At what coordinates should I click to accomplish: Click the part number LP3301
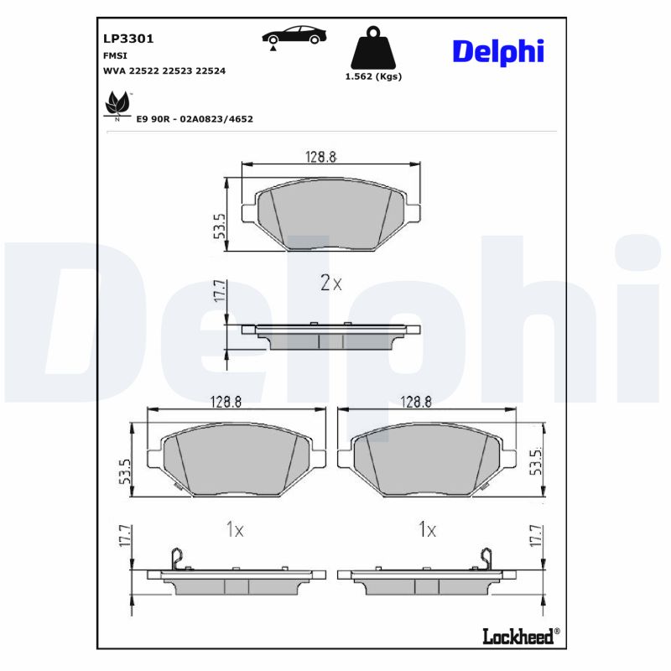pos(127,39)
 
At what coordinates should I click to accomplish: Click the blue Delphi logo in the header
pos(498,50)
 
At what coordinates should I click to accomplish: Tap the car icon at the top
pos(294,36)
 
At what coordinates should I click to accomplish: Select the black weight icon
pos(373,50)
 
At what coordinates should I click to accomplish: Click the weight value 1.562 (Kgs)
pos(373,76)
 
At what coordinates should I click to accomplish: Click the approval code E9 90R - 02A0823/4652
pos(194,119)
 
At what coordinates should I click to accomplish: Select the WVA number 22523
pos(177,71)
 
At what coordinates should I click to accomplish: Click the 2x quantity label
pos(331,283)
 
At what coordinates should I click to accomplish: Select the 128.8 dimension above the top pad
pos(320,156)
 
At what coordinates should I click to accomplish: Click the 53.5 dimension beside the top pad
pos(219,226)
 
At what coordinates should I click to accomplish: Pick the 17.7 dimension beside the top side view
pos(219,291)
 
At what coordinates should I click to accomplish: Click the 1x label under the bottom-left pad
pos(235,529)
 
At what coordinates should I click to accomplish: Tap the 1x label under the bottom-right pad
pos(428,529)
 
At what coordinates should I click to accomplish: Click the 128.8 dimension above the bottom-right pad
pos(416,403)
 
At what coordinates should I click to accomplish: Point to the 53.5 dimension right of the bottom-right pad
pos(535,461)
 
